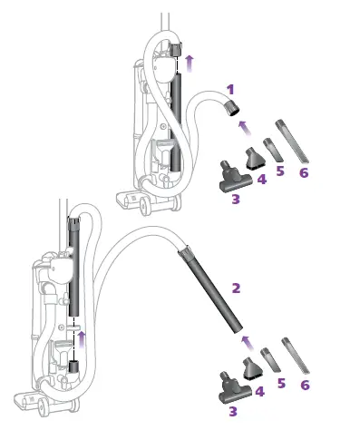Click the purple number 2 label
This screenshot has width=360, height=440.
pos(236,288)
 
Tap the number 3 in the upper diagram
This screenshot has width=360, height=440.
pos(235,199)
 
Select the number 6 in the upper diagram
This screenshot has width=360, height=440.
pos(304,172)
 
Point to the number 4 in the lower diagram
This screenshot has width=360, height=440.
pos(259,391)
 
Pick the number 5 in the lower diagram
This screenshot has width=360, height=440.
pos(281,384)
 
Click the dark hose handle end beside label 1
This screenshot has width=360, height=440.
pos(232,110)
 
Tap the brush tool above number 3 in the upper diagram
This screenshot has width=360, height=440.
pos(228,176)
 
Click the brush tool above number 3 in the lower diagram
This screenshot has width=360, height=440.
pos(227,386)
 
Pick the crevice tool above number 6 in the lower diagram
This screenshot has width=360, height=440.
pos(296,355)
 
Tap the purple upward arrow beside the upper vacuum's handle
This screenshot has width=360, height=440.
pos(189,62)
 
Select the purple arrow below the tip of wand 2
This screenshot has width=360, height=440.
pos(244,341)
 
